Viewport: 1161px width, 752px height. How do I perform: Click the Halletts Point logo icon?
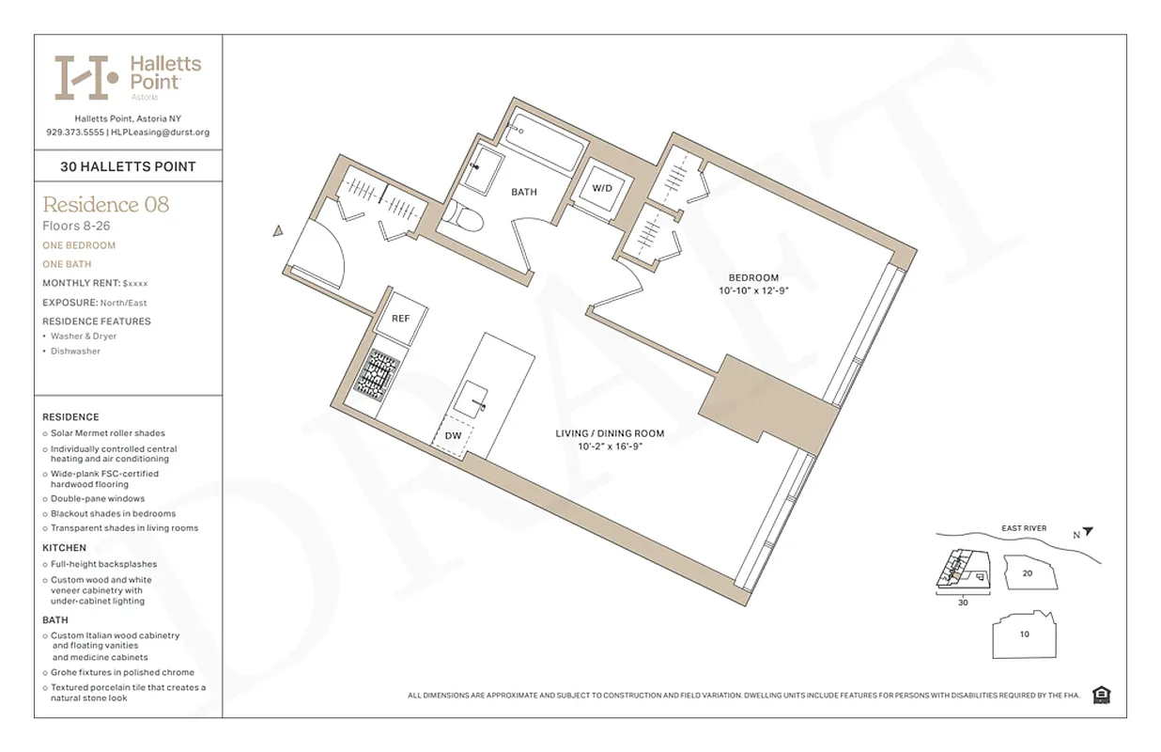click(85, 77)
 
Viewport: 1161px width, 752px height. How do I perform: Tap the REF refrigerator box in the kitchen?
click(401, 318)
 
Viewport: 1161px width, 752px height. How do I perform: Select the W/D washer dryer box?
click(601, 188)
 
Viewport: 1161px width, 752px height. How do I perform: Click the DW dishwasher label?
click(453, 436)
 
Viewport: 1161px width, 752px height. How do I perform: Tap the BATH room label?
click(524, 192)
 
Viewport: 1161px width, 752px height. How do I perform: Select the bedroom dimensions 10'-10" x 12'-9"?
click(754, 291)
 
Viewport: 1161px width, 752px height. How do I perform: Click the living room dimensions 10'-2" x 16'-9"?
click(610, 446)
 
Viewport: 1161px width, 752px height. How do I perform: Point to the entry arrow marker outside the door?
click(278, 230)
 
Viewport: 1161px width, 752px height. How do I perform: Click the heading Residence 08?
click(106, 204)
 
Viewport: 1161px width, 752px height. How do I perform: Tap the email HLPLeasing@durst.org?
click(160, 133)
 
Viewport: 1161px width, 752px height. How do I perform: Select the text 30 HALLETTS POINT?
click(128, 166)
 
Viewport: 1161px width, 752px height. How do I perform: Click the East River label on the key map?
click(1024, 528)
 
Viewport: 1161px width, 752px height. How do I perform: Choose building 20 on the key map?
click(1027, 572)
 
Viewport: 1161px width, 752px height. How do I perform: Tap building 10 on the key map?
click(1024, 634)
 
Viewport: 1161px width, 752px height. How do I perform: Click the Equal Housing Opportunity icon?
click(1102, 695)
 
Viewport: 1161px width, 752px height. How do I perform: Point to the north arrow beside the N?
click(1088, 531)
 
